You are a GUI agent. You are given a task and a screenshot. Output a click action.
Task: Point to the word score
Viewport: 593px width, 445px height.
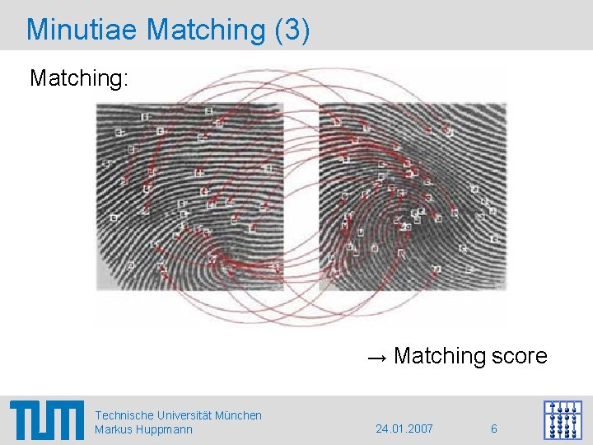(x=519, y=356)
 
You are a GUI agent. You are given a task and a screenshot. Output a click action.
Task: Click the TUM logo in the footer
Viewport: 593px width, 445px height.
(x=47, y=420)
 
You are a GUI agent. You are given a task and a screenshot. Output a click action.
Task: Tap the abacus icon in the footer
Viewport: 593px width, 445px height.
(x=563, y=420)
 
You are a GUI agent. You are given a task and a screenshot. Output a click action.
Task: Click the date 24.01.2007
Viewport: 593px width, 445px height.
(x=404, y=429)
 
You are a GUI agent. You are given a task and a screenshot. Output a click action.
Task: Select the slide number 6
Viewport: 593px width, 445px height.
(x=493, y=429)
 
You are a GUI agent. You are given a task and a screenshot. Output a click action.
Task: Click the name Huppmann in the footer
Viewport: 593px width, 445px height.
(x=165, y=429)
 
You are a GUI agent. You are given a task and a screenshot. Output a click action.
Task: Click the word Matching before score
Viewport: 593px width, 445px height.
(x=441, y=356)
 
